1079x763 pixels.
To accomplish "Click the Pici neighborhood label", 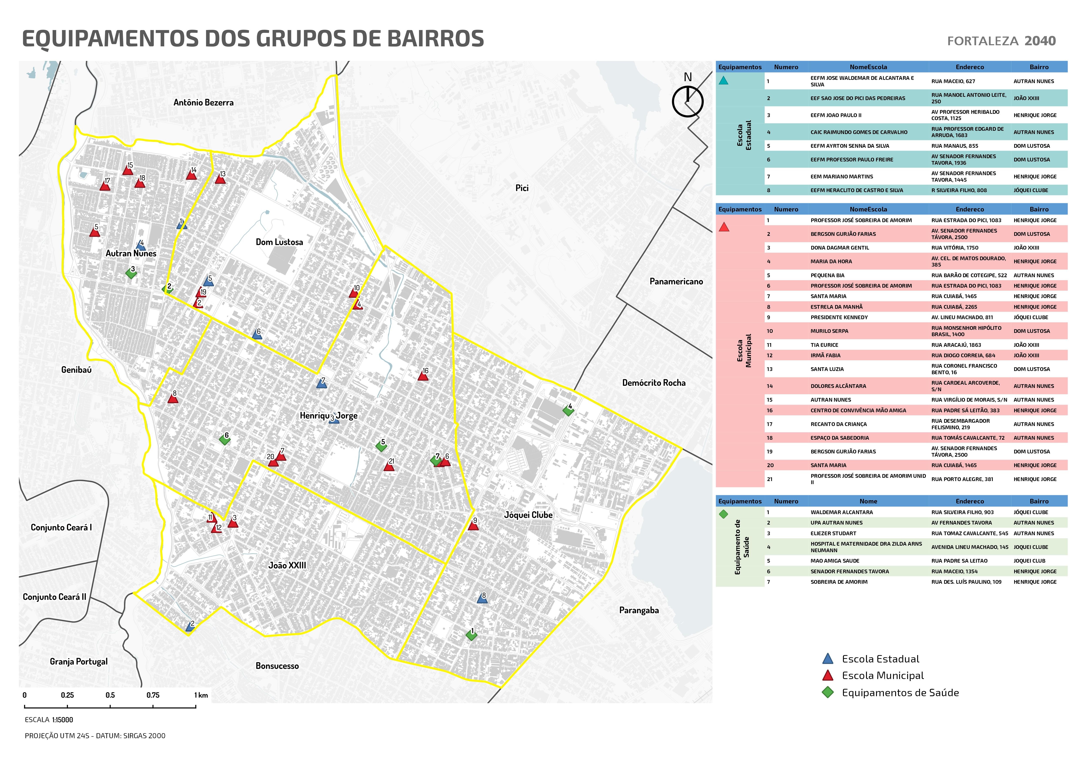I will [522, 188].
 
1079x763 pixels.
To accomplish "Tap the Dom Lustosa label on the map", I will [279, 242].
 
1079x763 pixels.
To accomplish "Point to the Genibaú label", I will [76, 370].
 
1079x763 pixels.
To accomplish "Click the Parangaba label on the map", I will [639, 610].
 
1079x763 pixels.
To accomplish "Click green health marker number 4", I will [568, 411].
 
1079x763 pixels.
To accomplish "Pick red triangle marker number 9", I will [473, 526].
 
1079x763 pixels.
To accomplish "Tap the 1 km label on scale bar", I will [201, 695].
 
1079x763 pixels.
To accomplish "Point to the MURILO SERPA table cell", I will [829, 331].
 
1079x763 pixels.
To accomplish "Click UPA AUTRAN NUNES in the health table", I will [836, 523].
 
